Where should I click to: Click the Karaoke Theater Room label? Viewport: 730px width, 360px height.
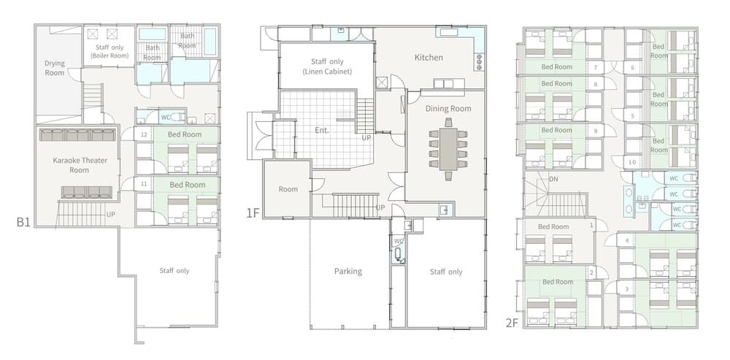(80, 165)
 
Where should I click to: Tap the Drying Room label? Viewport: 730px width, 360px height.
(55, 68)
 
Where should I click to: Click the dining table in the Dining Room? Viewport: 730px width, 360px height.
(448, 149)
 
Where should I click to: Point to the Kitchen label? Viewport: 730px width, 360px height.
(429, 58)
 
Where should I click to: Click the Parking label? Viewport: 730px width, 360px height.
(347, 272)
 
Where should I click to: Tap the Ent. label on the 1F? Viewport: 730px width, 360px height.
(322, 131)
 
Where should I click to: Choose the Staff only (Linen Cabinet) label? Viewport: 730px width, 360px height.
(327, 66)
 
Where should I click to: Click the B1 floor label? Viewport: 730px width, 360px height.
(23, 222)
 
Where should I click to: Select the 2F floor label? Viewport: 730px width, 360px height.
(512, 323)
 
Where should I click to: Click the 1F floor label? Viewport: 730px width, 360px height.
(253, 213)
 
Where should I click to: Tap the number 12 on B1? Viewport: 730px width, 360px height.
(144, 135)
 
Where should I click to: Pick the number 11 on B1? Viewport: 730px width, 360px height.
(144, 185)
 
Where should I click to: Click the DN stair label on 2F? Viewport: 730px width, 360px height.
(553, 179)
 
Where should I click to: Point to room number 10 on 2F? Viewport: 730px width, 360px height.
(631, 162)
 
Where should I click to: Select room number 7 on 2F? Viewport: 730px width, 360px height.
(596, 67)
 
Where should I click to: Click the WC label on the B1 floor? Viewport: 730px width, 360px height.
(165, 118)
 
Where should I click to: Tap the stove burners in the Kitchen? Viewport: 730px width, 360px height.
(479, 62)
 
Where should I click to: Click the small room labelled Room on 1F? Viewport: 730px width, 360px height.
(288, 189)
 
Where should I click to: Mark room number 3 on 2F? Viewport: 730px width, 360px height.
(626, 289)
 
